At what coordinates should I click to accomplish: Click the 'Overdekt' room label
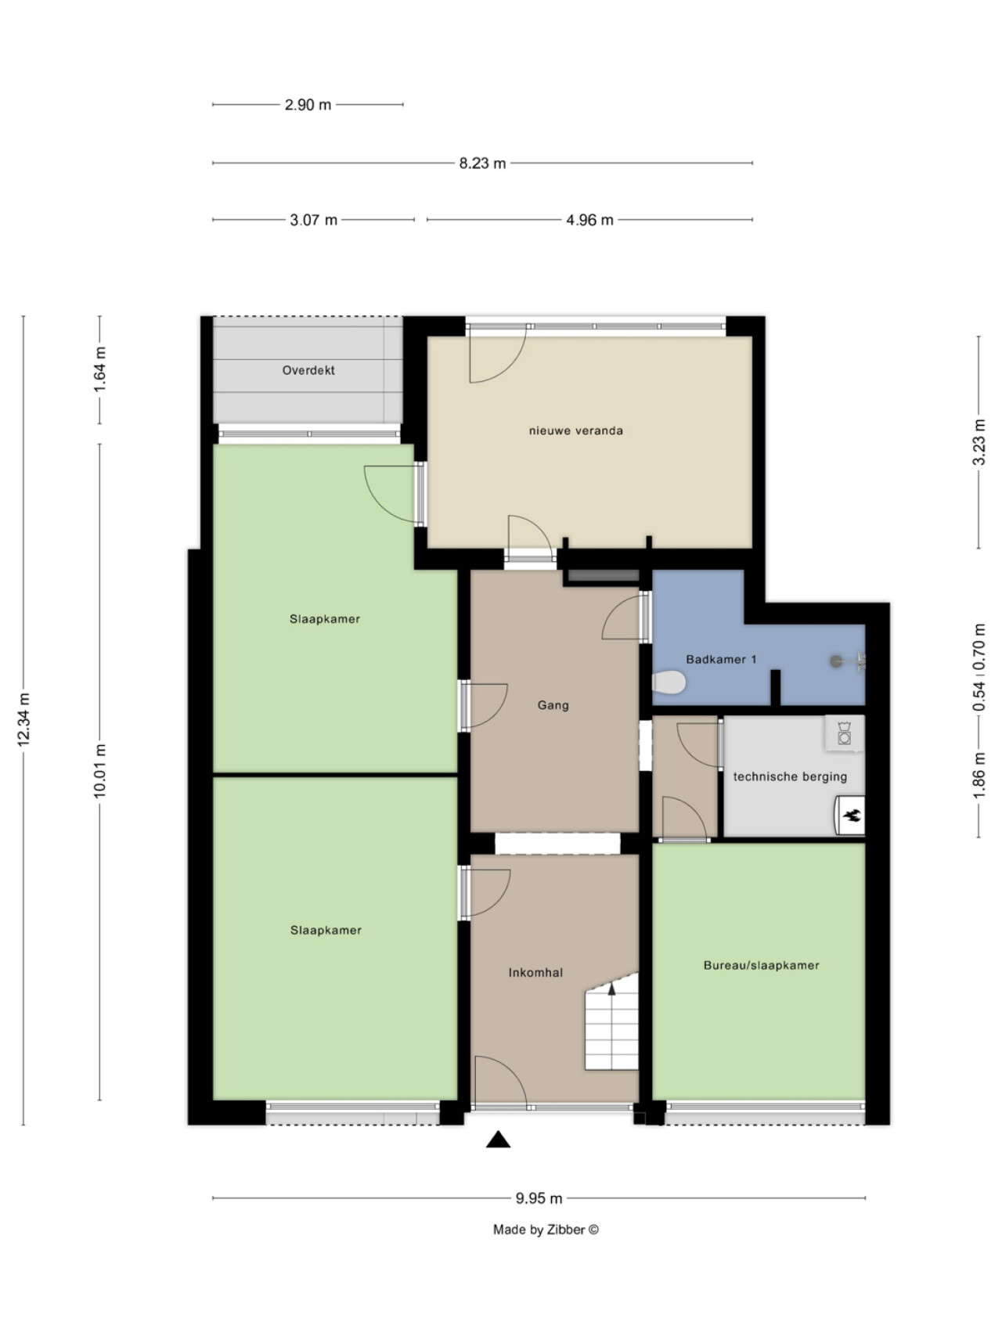pyautogui.click(x=308, y=370)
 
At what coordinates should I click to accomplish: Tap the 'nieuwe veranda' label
pyautogui.click(x=576, y=430)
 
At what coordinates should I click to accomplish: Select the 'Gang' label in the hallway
pyautogui.click(x=553, y=705)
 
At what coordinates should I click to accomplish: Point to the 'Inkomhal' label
pyautogui.click(x=535, y=973)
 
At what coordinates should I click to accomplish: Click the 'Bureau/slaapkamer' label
pyautogui.click(x=762, y=966)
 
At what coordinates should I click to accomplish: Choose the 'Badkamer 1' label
pyautogui.click(x=721, y=659)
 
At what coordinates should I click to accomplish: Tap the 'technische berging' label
pyautogui.click(x=790, y=776)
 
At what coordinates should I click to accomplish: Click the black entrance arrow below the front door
pyautogui.click(x=498, y=1140)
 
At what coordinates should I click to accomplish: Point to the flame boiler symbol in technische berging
pyautogui.click(x=851, y=816)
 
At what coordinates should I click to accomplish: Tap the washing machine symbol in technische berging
pyautogui.click(x=845, y=733)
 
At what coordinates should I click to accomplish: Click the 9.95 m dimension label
pyautogui.click(x=539, y=1198)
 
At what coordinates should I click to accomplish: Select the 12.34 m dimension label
pyautogui.click(x=23, y=719)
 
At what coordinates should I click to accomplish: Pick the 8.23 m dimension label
pyautogui.click(x=482, y=164)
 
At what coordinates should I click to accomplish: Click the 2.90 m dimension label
pyautogui.click(x=308, y=105)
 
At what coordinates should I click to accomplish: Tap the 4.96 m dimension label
pyautogui.click(x=589, y=221)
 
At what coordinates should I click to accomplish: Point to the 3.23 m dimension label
pyautogui.click(x=979, y=442)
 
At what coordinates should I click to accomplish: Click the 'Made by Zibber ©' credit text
pyautogui.click(x=546, y=1230)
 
